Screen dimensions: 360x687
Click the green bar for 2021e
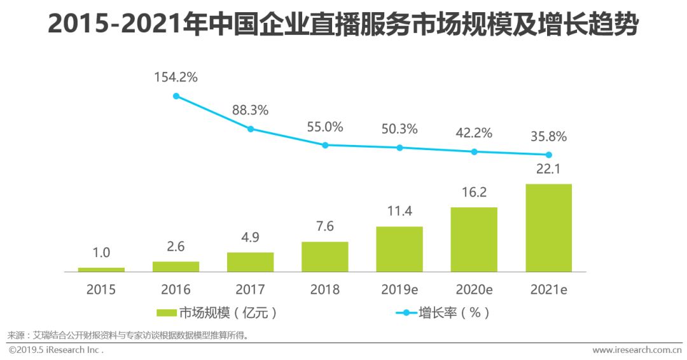(x=548, y=228)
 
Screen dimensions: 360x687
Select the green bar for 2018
(x=325, y=256)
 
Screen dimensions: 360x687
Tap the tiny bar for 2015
(x=101, y=270)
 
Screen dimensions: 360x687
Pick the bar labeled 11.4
(x=399, y=249)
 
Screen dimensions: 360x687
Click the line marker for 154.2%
(x=176, y=96)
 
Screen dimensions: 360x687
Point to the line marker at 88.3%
(x=251, y=128)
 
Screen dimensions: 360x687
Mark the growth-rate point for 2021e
(x=548, y=155)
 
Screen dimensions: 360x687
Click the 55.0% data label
(x=324, y=127)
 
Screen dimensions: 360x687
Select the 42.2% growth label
(x=474, y=133)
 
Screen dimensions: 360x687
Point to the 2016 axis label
(x=176, y=290)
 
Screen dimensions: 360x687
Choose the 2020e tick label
(x=474, y=290)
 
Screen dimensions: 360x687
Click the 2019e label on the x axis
(x=399, y=290)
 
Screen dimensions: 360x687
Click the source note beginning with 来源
(x=127, y=335)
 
